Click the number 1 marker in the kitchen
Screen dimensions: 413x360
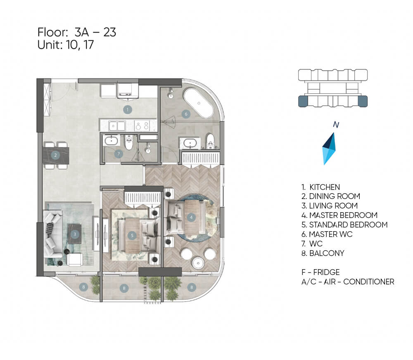[x=128, y=109]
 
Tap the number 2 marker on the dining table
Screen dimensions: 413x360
[x=55, y=155]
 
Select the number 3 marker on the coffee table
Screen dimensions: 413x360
[x=75, y=234]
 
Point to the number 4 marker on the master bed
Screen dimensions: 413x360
[x=191, y=217]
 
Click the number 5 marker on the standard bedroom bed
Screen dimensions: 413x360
[x=132, y=235]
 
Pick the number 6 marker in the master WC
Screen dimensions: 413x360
[x=186, y=114]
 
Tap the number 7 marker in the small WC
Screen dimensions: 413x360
[x=119, y=154]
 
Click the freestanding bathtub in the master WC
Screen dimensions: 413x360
[x=199, y=103]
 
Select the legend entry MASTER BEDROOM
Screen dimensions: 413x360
[x=339, y=215]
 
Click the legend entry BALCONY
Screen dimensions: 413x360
[x=323, y=253]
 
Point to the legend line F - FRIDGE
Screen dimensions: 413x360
[x=320, y=272]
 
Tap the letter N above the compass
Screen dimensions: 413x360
[x=336, y=124]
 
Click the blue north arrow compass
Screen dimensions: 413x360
[x=329, y=149]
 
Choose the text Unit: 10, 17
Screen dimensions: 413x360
[x=66, y=45]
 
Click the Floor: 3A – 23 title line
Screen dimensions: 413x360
[x=77, y=32]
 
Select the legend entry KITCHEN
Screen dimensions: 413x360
[x=321, y=187]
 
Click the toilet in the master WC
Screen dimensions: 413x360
[x=210, y=141]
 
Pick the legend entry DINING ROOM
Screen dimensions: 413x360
[x=331, y=196]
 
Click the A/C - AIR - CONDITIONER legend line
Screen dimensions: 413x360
[x=348, y=282]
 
